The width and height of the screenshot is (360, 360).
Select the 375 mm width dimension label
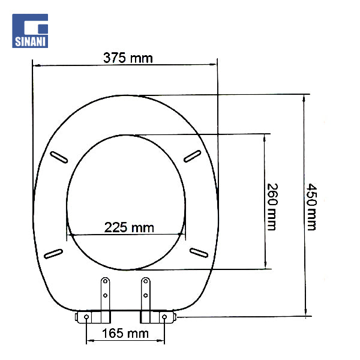(128, 58)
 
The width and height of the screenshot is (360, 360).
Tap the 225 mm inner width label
(129, 227)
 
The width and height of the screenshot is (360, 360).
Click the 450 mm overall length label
(312, 206)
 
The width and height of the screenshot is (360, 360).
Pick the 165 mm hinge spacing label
(127, 333)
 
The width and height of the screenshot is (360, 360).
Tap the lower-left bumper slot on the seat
(54, 252)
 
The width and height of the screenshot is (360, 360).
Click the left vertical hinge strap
(105, 294)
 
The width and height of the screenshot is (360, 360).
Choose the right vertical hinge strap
(145, 294)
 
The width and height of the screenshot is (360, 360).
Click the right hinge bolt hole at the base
(164, 316)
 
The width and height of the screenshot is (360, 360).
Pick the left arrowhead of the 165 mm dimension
(90, 341)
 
